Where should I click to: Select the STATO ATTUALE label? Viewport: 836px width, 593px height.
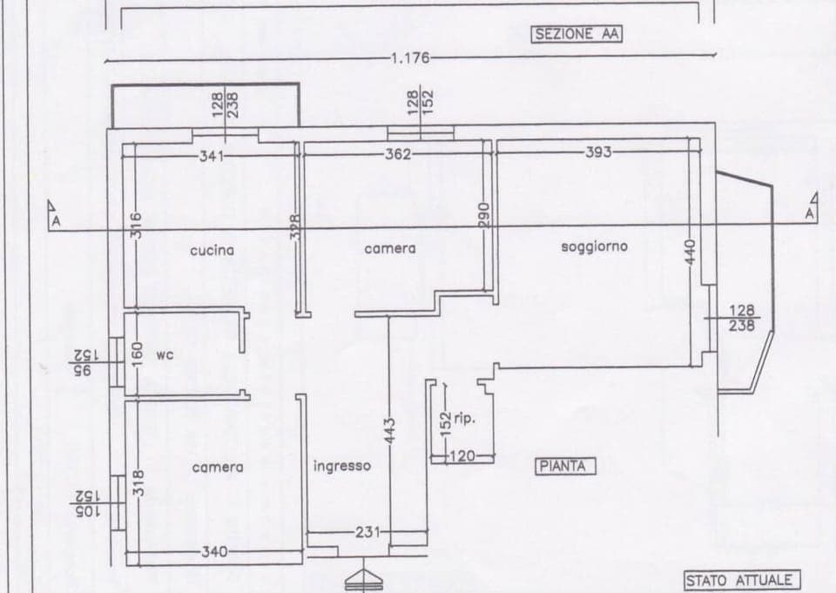coord(739,580)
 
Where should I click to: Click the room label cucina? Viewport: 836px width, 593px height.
coord(212,251)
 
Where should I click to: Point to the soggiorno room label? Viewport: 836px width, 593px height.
coord(594,246)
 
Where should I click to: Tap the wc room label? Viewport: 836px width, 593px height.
coord(165,355)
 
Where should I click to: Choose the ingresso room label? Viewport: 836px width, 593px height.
coord(341,466)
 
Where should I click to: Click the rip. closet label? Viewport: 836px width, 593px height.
coord(464,419)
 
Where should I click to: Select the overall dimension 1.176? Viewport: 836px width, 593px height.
coord(410,58)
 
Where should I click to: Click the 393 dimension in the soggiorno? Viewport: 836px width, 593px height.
coord(598,152)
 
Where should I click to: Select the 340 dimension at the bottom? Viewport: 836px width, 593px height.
coord(215,552)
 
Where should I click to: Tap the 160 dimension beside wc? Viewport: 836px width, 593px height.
coord(135,353)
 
